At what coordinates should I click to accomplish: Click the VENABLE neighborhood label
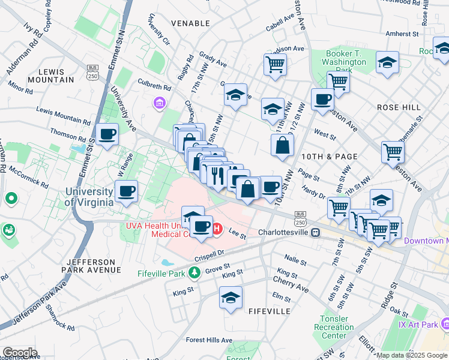coord(190,23)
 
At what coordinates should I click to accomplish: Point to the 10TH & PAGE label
coord(330,157)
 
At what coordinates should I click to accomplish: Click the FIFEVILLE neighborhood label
coord(269,311)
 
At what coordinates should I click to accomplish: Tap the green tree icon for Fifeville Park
coord(194,274)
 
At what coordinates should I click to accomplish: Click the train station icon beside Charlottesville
coord(315,233)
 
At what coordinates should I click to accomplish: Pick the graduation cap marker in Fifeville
coord(231,298)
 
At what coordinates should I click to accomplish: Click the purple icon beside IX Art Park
coord(445,325)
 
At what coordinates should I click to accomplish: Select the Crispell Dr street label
coord(209,255)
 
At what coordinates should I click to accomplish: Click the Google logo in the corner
coord(20,352)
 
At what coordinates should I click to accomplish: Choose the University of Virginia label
coord(89,197)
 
